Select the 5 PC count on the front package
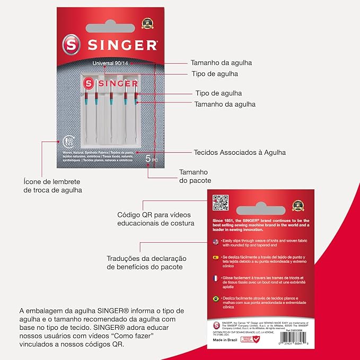[x=151, y=158]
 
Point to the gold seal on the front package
[x=147, y=23]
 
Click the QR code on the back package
[x=221, y=203]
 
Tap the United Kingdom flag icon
[x=215, y=242]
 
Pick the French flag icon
[x=215, y=278]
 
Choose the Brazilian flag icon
[x=215, y=299]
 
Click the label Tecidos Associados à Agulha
[x=240, y=152]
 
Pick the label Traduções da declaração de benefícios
[x=145, y=262]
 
